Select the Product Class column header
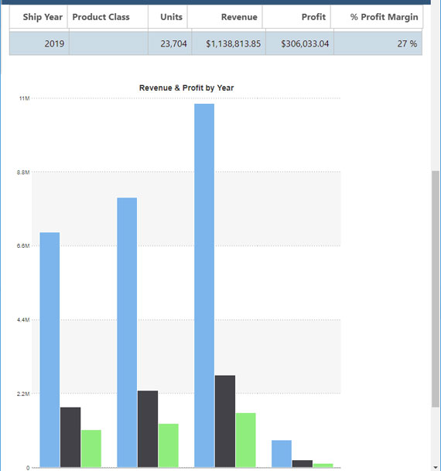coord(101,17)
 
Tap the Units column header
coord(171,17)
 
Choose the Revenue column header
coord(239,17)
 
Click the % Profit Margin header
coord(384,17)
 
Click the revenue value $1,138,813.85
coord(234,43)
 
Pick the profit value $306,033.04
coord(305,43)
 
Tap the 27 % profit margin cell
coord(407,43)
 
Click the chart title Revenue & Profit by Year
coord(186,88)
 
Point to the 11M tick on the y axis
coord(24,98)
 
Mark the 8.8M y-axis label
coord(23,172)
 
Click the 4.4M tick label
coord(23,320)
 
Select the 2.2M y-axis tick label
coord(23,394)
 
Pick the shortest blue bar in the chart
coord(282,453)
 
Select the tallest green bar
coord(246,439)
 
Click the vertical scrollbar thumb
coord(435,287)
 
